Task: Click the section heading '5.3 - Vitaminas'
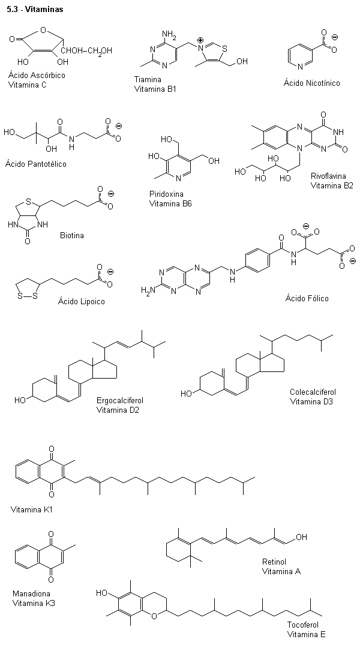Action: coord(35,9)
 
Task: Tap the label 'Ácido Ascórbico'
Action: coord(37,76)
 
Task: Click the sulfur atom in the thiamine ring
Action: coord(224,49)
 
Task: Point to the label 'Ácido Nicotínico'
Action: coord(311,83)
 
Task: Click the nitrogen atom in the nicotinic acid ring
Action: coord(300,67)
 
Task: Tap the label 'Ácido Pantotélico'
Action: coord(36,164)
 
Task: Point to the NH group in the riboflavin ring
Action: coord(339,132)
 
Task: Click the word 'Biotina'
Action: coord(72,235)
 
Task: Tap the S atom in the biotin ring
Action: coord(29,201)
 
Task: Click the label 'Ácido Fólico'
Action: coord(307,298)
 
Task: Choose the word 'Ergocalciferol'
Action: coord(120,400)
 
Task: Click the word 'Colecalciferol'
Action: coord(313,392)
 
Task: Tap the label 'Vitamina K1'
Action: coord(32,510)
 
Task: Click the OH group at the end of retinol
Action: coord(301,537)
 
